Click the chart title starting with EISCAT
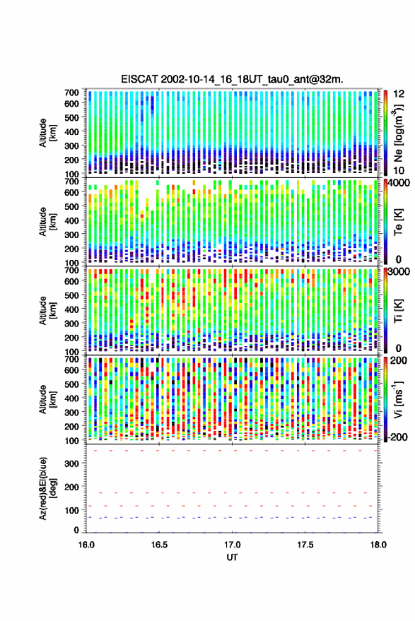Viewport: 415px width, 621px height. (x=232, y=79)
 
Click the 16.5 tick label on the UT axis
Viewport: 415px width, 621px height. (x=159, y=545)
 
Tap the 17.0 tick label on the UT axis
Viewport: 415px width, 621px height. (x=233, y=545)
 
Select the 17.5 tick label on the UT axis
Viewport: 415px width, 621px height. (x=305, y=545)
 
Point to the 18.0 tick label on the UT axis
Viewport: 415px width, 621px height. (x=378, y=545)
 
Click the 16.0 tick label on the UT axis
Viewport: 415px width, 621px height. (x=86, y=545)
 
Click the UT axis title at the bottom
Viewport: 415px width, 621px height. (x=233, y=557)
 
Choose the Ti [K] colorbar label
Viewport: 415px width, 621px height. (x=398, y=311)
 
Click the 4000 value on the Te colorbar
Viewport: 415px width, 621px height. (x=399, y=184)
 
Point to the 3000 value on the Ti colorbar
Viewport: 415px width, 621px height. (x=399, y=272)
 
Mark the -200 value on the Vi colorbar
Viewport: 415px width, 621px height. (x=398, y=437)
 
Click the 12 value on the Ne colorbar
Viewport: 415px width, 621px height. (x=399, y=94)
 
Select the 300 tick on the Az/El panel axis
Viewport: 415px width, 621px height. (x=72, y=463)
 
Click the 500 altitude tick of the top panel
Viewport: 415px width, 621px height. (x=72, y=117)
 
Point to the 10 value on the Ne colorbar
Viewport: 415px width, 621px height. (x=399, y=170)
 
